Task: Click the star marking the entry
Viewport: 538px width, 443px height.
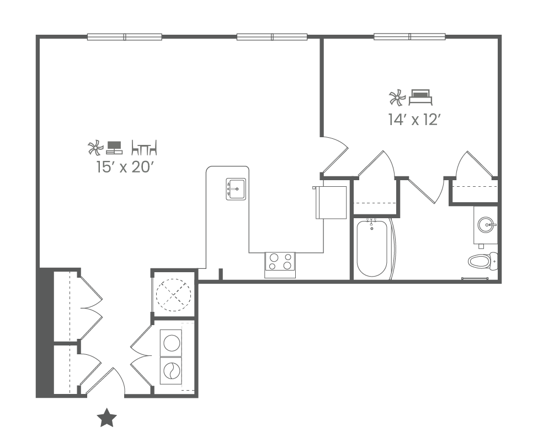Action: pyautogui.click(x=106, y=418)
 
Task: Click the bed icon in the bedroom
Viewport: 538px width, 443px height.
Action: pyautogui.click(x=420, y=98)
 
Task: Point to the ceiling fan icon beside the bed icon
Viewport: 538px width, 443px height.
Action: pyautogui.click(x=397, y=98)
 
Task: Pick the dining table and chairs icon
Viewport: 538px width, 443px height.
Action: pyautogui.click(x=145, y=147)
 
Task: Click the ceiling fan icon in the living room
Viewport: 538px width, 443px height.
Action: pyautogui.click(x=95, y=147)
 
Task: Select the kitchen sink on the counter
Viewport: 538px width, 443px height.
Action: pyautogui.click(x=236, y=189)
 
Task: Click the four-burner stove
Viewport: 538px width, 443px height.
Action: pyautogui.click(x=280, y=264)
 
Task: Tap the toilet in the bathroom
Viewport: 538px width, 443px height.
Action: pyautogui.click(x=482, y=261)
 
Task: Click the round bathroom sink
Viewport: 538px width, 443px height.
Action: pyautogui.click(x=486, y=225)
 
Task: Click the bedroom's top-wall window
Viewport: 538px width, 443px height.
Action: pyautogui.click(x=409, y=37)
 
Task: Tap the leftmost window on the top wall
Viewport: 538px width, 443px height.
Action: pyautogui.click(x=124, y=37)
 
